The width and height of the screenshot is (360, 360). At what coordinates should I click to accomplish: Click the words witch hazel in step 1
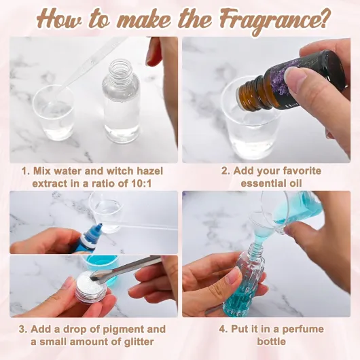pos(134,171)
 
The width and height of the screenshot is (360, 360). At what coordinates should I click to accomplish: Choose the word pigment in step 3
pos(124,329)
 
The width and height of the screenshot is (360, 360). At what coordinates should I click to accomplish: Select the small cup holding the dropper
pos(54,113)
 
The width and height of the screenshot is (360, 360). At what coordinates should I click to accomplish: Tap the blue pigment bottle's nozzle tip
pos(101,225)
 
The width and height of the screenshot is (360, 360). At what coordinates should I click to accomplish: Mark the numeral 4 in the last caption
pos(222,329)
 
